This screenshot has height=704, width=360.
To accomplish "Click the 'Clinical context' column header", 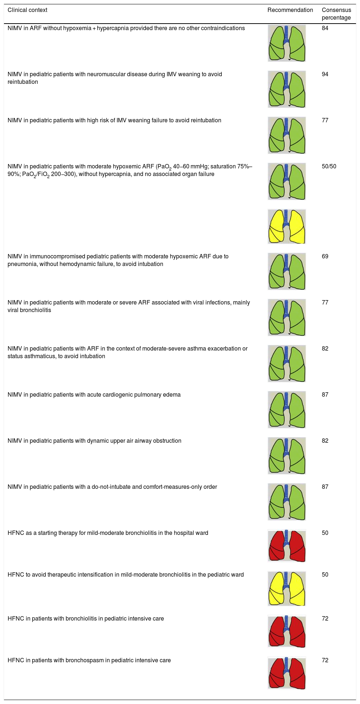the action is (x=28, y=10).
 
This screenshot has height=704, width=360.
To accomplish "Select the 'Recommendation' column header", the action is (x=290, y=10).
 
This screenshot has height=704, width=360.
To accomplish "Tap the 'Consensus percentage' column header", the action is (x=336, y=14).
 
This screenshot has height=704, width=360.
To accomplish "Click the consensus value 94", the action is (x=325, y=74).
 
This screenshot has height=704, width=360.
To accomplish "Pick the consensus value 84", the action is (x=325, y=28).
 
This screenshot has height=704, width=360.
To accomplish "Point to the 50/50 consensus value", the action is (x=329, y=167).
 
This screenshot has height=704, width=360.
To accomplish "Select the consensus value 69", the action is (x=325, y=257).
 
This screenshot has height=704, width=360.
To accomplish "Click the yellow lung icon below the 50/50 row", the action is (x=287, y=226).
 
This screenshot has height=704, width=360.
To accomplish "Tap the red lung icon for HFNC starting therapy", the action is (x=287, y=546).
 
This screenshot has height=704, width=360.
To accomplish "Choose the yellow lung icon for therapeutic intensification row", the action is (x=287, y=588).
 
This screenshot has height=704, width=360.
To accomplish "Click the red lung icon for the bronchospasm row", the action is (x=287, y=673).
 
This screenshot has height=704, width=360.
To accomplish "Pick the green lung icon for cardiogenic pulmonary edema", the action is (x=287, y=409).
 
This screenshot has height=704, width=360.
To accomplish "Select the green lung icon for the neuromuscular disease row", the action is (x=287, y=89).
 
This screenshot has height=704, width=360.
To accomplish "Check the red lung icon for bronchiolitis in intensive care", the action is (x=287, y=631).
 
